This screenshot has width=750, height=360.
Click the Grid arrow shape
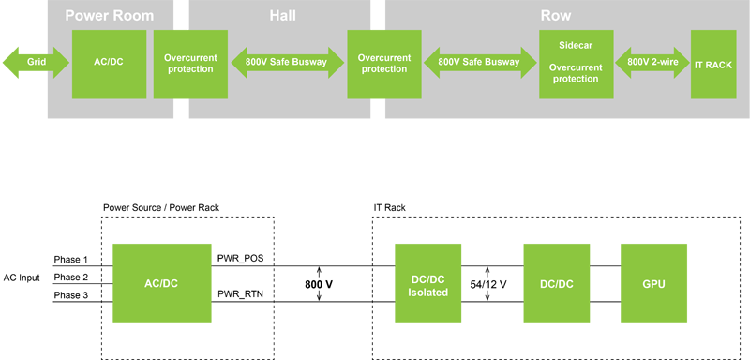point(37,63)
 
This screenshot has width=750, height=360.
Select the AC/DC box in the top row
point(102,63)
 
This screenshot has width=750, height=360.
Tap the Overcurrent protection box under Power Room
point(190,63)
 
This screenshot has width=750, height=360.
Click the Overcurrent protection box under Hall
point(384,63)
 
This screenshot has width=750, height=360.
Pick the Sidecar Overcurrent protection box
point(575,63)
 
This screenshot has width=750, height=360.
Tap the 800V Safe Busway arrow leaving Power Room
point(287,63)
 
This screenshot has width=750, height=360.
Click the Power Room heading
point(109,16)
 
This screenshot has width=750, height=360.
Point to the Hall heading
point(281,16)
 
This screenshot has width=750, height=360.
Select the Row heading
point(556,16)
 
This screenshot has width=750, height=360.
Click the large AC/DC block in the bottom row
point(164,282)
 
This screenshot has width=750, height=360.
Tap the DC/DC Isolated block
point(427,282)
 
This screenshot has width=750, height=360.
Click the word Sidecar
point(575,44)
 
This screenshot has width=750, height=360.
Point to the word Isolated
point(427,292)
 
